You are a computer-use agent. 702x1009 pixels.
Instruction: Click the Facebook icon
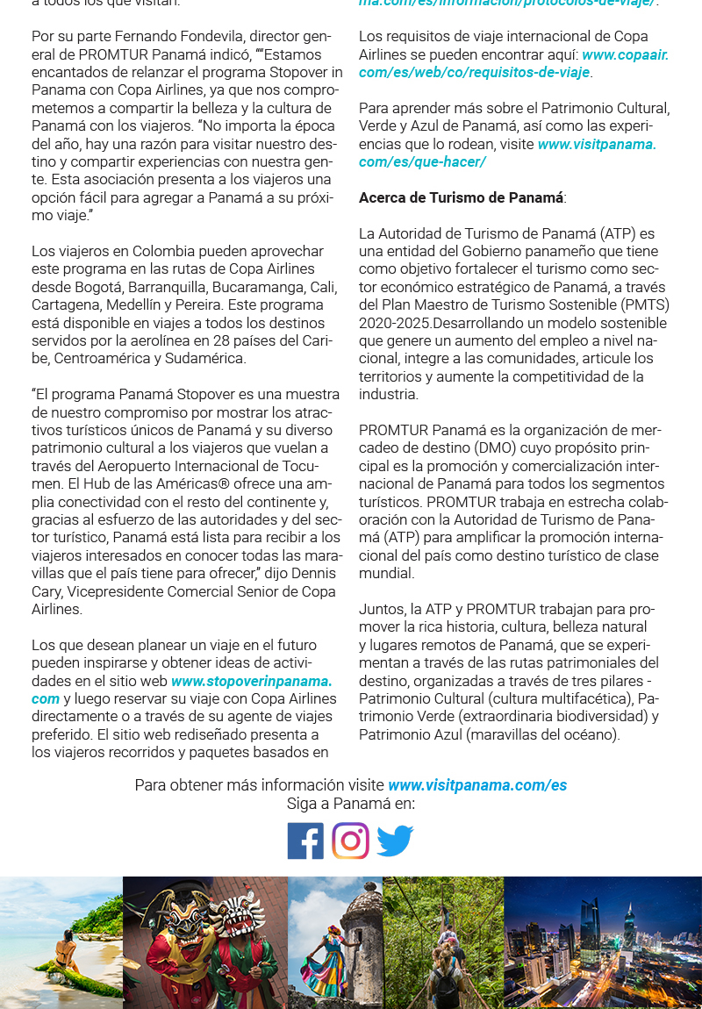tap(305, 841)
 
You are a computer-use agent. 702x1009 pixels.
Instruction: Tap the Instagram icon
tap(350, 841)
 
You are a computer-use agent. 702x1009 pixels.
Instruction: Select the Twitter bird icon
tap(395, 841)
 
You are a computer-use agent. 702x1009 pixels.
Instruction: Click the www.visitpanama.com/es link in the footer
tap(476, 785)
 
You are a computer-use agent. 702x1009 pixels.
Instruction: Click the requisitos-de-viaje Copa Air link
tap(474, 72)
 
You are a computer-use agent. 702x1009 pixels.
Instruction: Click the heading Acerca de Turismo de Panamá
tap(462, 198)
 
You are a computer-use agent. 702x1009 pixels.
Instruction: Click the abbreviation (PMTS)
tap(644, 305)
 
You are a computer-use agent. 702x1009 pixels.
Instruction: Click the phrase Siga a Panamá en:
tap(350, 804)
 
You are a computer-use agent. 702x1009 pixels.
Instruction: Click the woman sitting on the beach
tap(63, 953)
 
